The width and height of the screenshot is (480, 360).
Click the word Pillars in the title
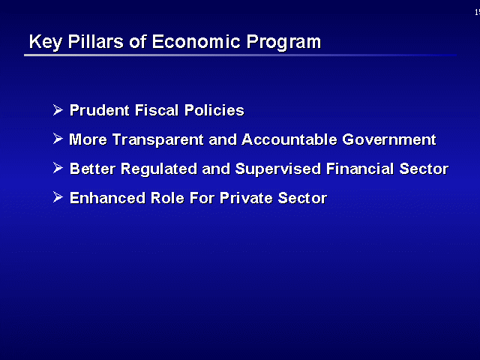(x=95, y=41)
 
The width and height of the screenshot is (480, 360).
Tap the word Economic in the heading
(x=196, y=41)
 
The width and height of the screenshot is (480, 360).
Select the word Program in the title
(x=283, y=42)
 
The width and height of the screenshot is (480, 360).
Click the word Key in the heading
(x=45, y=42)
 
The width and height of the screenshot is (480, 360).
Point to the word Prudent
(x=100, y=110)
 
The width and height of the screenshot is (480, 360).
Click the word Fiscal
(x=157, y=110)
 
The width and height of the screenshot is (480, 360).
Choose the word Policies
(x=214, y=110)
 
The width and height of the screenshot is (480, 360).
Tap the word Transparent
(x=158, y=140)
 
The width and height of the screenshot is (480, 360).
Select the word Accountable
(x=289, y=139)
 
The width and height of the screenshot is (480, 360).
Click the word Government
(x=389, y=139)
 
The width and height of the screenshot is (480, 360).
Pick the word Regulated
(x=158, y=169)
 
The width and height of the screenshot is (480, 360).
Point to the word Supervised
(x=278, y=169)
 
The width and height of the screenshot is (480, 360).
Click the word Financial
(x=360, y=169)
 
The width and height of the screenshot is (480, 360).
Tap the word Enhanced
(x=107, y=198)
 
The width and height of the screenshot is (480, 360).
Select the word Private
(x=246, y=198)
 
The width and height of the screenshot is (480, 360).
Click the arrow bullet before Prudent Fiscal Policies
(x=58, y=110)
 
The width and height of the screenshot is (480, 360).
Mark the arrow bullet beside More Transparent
(x=58, y=139)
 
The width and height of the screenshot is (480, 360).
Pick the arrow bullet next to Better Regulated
(x=58, y=168)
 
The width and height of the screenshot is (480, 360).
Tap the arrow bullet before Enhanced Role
(x=58, y=196)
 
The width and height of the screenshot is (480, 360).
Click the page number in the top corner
(x=477, y=12)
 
